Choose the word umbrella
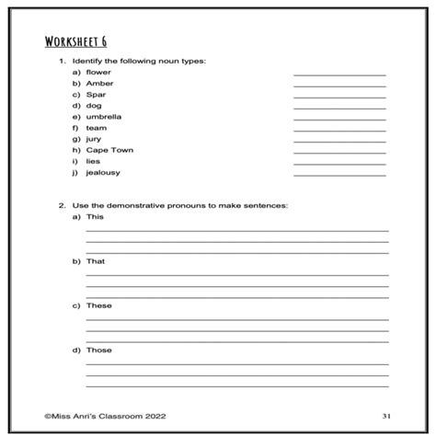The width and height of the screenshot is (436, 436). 103,117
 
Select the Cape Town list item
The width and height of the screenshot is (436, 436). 109,150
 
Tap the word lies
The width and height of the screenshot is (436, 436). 93,161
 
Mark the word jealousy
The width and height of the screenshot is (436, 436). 103,172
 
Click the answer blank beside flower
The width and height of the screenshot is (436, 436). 339,75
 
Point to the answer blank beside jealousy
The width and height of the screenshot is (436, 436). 339,175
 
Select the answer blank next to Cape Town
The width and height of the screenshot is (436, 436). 339,153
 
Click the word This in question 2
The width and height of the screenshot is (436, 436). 95,217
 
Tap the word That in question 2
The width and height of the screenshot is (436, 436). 95,261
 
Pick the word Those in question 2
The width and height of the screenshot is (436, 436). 98,350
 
